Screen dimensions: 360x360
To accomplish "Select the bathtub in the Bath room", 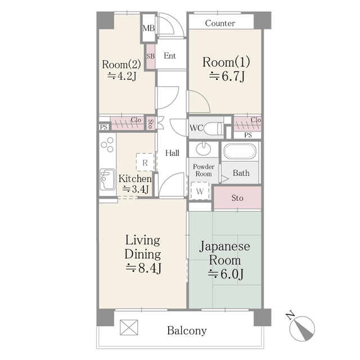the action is (x=240, y=151).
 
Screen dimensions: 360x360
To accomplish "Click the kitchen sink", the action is (x=107, y=179).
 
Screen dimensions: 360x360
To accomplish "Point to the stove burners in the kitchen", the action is (x=107, y=145).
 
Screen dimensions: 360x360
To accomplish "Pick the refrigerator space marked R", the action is (x=145, y=162).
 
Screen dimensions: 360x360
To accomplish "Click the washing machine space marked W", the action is (x=200, y=191).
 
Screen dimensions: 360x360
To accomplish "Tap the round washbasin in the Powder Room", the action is (x=204, y=148).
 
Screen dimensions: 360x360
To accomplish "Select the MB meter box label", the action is (x=148, y=28).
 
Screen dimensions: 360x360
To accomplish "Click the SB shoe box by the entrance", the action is (x=151, y=56).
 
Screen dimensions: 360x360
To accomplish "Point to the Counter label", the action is (x=220, y=23).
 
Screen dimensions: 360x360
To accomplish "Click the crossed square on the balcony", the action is (x=129, y=327).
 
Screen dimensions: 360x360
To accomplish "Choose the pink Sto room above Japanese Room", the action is (x=237, y=197).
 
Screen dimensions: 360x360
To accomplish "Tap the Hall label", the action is (x=172, y=153).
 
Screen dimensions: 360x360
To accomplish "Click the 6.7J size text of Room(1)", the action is (x=227, y=76).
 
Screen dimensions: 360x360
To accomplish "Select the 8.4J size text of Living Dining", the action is (x=143, y=268).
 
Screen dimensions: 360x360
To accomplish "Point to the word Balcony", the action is (x=187, y=331).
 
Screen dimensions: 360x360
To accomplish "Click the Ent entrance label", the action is (x=170, y=56).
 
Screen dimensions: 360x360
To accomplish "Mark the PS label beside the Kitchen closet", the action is (x=103, y=127).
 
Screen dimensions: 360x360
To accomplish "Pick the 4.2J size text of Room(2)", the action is (x=122, y=76).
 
